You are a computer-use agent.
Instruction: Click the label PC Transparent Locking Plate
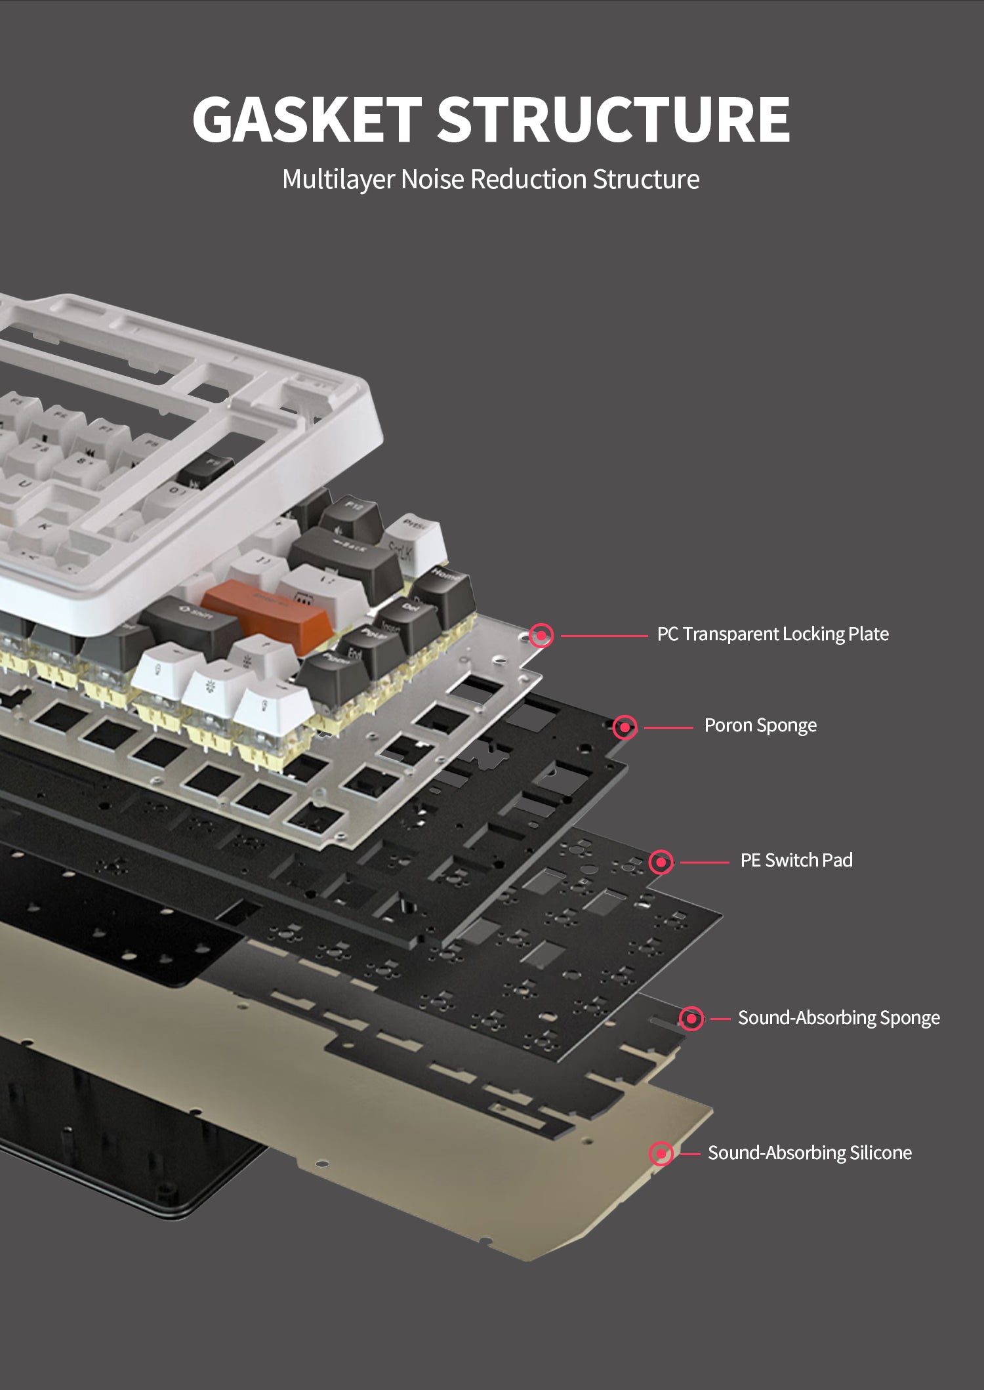pos(773,634)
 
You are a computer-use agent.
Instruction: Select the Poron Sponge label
pos(760,726)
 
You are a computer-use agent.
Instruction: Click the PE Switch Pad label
pos(796,860)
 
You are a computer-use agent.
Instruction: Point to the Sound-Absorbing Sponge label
pos(838,1017)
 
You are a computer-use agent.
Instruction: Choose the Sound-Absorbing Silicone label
pos(810,1153)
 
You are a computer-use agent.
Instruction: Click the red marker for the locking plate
pos(541,636)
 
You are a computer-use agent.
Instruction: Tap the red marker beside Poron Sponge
pos(625,727)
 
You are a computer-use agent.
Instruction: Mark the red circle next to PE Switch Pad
pos(661,861)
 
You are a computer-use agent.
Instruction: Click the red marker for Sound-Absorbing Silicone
pos(661,1153)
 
